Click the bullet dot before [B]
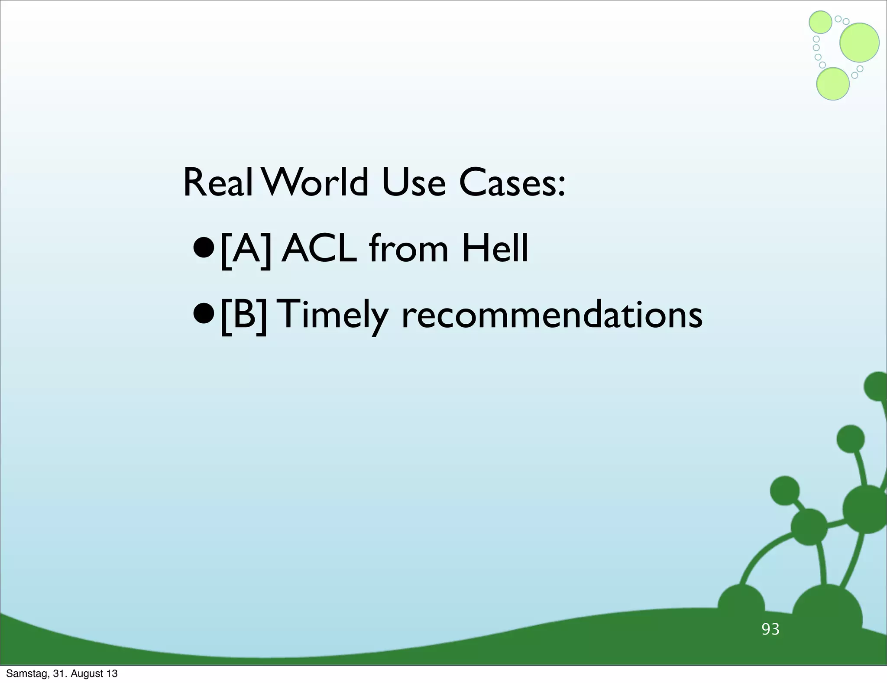[x=204, y=315]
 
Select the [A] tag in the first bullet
[x=246, y=249]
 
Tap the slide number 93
[x=770, y=629]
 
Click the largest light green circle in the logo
[x=859, y=42]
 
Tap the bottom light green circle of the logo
[x=832, y=84]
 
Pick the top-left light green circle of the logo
[x=820, y=22]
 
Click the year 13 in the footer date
[x=112, y=673]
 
